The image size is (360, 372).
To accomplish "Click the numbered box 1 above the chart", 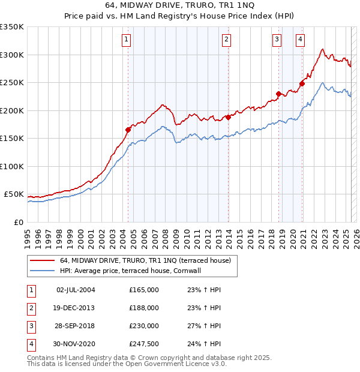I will point(127,40).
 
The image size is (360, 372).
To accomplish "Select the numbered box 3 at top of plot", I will point(277,40).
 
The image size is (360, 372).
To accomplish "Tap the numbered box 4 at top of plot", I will point(300,40).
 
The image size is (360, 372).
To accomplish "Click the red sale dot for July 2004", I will point(128,130).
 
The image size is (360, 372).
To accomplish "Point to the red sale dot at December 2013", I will point(229,117).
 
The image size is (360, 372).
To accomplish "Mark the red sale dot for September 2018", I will point(279,94).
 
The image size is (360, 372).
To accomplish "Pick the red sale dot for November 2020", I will point(302,84).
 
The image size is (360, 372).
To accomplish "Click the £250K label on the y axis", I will point(12,83).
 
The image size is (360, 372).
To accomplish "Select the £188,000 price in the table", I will point(144,308).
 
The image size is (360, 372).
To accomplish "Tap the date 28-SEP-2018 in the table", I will point(75,326).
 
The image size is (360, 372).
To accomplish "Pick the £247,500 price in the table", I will point(144,344).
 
